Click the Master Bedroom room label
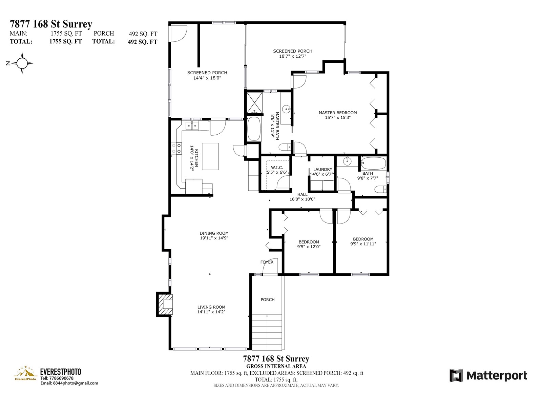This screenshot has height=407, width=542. pos(337,113)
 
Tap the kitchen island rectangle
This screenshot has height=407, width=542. pos(210,156)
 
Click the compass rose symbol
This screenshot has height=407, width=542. pos(22,63)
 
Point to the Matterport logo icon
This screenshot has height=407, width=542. pos(456,375)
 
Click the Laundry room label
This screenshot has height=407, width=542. pos(323,170)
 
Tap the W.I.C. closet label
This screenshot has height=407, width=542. pos(277,168)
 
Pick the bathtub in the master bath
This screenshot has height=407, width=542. pos(254,129)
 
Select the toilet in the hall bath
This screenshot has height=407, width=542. pos(380,190)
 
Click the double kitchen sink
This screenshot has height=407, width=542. pos(192,126)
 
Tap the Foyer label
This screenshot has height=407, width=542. pos(267,262)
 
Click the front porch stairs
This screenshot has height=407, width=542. pos(267,332)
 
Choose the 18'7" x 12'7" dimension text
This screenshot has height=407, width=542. pos(293,56)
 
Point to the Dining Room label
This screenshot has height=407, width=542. pos(214,233)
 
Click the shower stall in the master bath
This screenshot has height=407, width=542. pos(255,102)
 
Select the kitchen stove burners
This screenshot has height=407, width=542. pos(176,148)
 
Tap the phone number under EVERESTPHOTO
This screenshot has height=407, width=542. pos(57,378)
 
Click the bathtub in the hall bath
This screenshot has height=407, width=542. pos(373,163)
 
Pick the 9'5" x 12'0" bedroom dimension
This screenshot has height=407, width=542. pos(309,246)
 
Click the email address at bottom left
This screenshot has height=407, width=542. pos(69,383)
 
